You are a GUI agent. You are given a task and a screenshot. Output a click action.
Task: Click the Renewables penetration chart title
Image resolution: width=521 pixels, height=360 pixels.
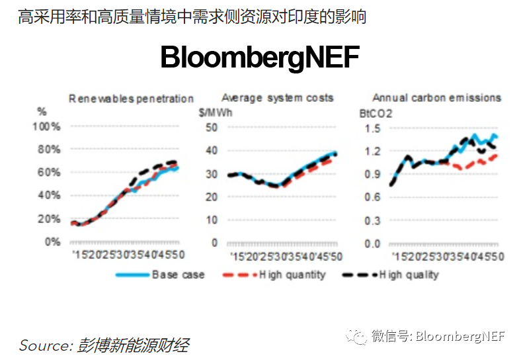(x=132, y=99)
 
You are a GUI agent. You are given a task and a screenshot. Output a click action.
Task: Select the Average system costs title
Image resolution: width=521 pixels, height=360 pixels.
(x=277, y=98)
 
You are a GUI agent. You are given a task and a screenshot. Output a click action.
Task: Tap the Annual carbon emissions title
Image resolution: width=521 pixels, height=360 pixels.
(x=436, y=98)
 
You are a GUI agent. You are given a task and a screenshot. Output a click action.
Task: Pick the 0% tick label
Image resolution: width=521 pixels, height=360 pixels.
(x=52, y=242)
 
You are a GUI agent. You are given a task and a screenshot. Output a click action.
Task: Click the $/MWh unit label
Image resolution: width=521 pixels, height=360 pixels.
(x=215, y=112)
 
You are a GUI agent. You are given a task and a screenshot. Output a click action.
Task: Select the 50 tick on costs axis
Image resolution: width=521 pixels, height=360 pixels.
(x=212, y=127)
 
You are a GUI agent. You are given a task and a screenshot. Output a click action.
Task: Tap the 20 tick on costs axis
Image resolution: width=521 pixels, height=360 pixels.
(x=212, y=197)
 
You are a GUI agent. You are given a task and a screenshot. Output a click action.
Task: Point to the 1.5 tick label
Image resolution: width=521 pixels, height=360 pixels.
(x=374, y=128)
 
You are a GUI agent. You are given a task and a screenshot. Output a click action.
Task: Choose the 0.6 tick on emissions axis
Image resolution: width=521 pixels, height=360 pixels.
(x=374, y=197)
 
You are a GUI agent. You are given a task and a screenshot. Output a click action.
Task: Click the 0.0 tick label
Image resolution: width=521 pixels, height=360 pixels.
(x=374, y=244)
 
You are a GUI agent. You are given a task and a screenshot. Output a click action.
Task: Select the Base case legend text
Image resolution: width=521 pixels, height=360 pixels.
(x=178, y=275)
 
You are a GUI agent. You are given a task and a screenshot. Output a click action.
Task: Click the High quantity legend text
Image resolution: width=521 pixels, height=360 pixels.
(x=292, y=275)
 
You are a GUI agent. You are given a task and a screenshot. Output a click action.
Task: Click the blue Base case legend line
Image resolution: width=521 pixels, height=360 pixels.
(x=131, y=275)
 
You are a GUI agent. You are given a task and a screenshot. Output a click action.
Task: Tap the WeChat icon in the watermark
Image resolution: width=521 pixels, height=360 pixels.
(x=357, y=336)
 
